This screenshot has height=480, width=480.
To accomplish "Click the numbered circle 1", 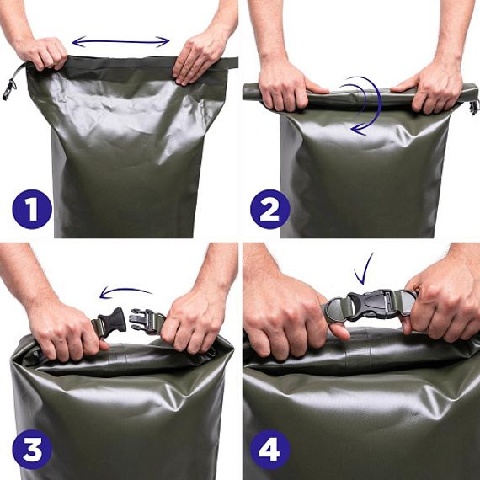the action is click(x=32, y=209).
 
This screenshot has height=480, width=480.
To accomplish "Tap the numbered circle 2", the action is click(x=270, y=209).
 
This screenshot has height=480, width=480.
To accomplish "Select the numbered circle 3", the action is click(x=32, y=449).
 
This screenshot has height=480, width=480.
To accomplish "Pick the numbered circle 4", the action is click(x=270, y=449).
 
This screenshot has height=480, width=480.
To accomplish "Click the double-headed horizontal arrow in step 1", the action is click(x=120, y=41).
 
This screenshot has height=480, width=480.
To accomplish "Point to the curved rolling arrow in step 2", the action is click(x=380, y=101).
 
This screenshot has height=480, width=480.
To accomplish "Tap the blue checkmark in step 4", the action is click(x=363, y=269).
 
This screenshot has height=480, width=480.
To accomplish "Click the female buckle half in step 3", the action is click(x=112, y=322).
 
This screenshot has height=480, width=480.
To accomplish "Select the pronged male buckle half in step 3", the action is click(x=144, y=320).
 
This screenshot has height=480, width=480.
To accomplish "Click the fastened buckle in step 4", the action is click(x=371, y=305).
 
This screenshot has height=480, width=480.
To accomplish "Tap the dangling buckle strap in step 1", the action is click(x=12, y=81).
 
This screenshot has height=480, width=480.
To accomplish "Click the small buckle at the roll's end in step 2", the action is click(x=474, y=107).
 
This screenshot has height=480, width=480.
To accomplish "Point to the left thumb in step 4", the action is click(x=339, y=331).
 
